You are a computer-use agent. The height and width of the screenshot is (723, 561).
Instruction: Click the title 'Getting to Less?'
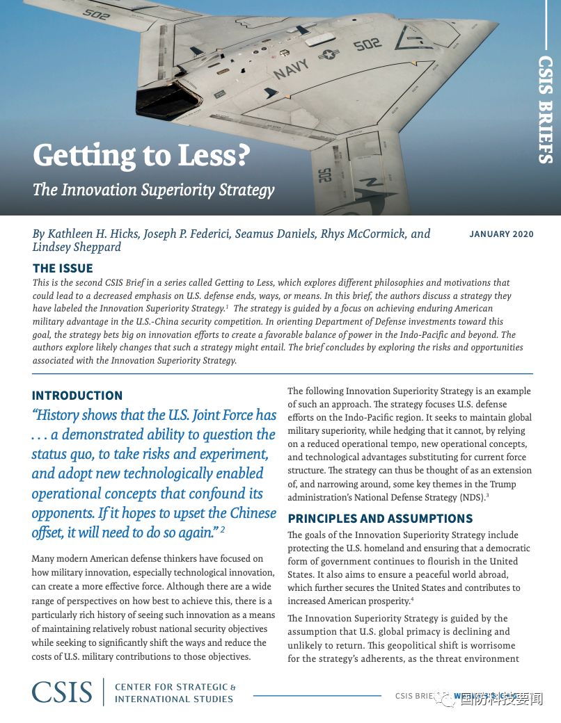[141, 155]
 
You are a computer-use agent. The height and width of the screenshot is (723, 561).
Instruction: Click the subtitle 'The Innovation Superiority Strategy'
[153, 189]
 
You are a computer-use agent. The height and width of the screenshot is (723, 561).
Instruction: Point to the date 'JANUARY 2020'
[501, 234]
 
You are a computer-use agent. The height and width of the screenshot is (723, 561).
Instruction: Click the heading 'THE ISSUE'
[63, 268]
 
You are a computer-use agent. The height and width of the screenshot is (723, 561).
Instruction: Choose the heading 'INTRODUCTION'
[77, 396]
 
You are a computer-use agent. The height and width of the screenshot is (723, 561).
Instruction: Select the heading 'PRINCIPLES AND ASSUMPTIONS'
[380, 519]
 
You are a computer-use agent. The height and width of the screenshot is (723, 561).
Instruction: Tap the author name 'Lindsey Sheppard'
[77, 247]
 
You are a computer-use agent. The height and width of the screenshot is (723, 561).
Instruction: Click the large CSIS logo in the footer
[62, 692]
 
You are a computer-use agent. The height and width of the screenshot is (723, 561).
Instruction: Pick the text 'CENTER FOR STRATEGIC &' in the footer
[175, 687]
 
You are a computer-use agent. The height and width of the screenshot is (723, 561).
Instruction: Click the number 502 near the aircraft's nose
[367, 45]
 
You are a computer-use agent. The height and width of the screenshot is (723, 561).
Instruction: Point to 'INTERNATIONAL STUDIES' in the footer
[174, 699]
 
